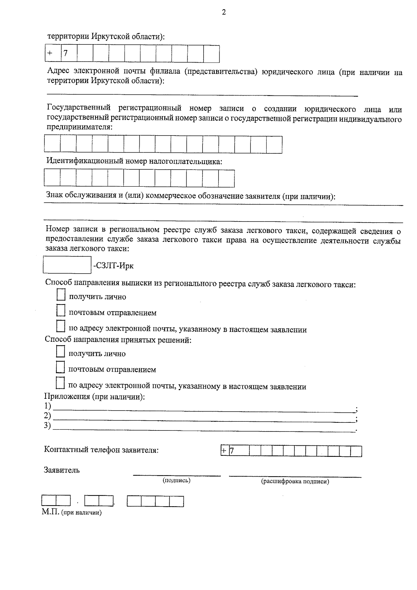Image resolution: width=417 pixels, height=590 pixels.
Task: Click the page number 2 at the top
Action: (x=224, y=13)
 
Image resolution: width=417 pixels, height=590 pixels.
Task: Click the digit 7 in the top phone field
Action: (x=65, y=53)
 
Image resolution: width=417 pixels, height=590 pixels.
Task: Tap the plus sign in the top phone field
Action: (x=50, y=53)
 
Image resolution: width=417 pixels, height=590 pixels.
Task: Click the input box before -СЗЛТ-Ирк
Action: (x=67, y=265)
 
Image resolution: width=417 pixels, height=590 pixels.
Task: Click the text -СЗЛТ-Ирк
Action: (x=114, y=266)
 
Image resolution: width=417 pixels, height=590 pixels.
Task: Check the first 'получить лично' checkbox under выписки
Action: (x=61, y=295)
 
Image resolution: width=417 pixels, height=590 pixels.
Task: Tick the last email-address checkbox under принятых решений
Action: (x=60, y=383)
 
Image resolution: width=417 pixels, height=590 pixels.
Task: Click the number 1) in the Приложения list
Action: (x=47, y=406)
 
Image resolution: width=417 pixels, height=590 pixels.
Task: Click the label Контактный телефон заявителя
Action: (x=101, y=450)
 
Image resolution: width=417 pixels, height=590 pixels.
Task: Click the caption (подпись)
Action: (x=177, y=480)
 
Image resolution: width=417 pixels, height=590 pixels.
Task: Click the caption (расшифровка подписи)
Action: (x=295, y=482)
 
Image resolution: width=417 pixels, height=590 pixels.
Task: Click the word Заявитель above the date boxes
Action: (x=62, y=470)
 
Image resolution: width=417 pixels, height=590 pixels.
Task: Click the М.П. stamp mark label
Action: (x=51, y=512)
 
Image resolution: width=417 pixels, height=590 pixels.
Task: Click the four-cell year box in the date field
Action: (x=155, y=501)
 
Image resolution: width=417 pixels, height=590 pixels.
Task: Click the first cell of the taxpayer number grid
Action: (x=52, y=178)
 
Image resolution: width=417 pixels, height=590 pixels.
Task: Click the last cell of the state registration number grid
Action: (x=274, y=145)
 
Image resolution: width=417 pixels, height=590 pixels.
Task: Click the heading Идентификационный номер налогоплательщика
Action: (x=134, y=161)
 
